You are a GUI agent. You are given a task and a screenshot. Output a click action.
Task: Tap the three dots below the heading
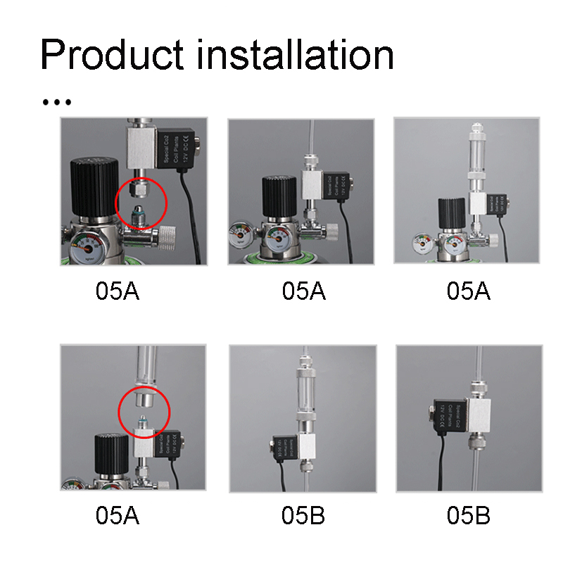(57, 102)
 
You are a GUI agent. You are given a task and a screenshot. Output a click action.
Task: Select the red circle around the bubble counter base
(144, 410)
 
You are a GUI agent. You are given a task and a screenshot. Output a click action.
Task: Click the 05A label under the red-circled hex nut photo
(118, 291)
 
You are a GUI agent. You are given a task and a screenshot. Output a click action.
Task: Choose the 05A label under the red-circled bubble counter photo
(118, 516)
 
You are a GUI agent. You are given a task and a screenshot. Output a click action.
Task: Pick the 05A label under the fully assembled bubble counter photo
(469, 291)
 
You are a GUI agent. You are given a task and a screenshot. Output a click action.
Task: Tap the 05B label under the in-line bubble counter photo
(303, 516)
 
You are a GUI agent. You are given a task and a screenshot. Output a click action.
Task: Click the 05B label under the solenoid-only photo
(469, 516)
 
